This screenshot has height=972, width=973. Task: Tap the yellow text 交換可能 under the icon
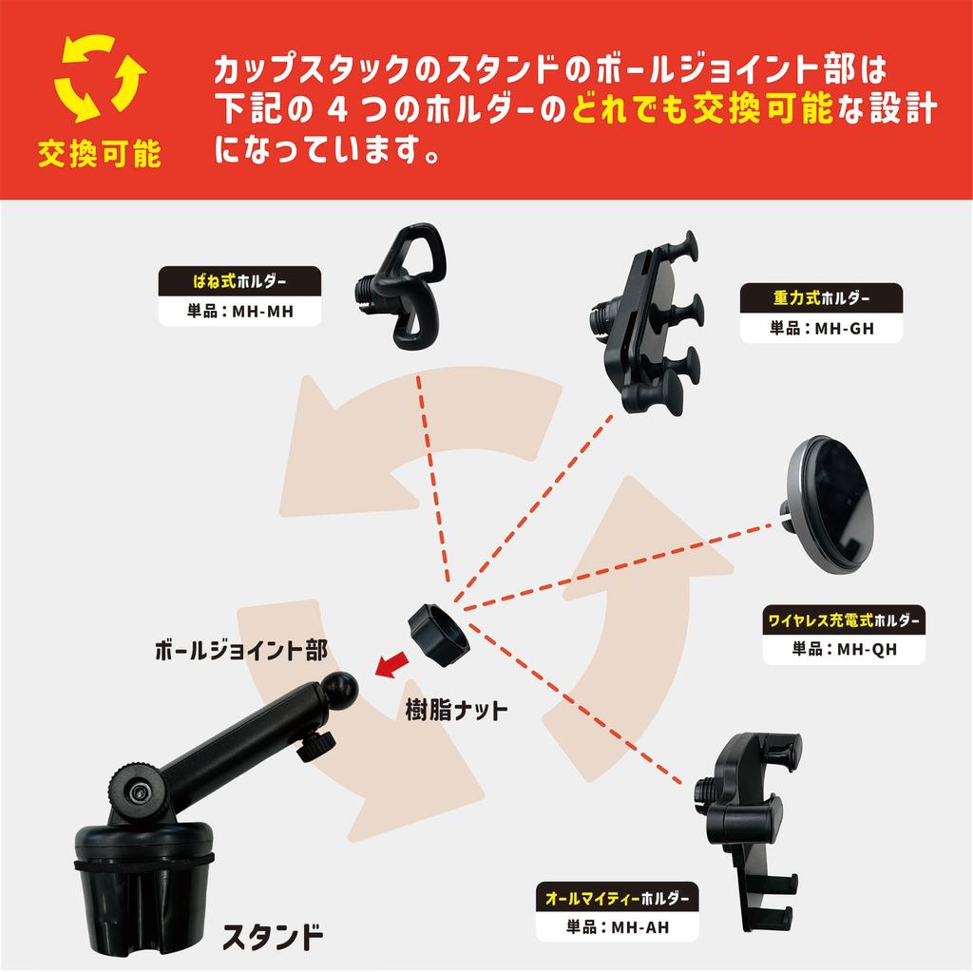click(99, 154)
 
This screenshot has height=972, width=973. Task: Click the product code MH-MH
click(239, 310)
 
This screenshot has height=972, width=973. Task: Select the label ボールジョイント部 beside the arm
click(240, 651)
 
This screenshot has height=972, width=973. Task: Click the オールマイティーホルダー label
click(617, 897)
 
